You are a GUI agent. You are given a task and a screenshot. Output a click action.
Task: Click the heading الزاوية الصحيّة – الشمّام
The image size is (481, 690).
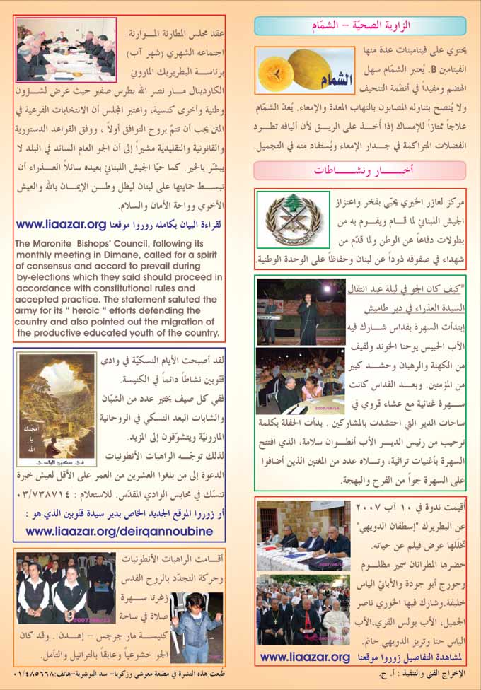coord(360,27)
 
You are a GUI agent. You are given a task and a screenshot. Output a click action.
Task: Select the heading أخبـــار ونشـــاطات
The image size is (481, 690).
coord(360,170)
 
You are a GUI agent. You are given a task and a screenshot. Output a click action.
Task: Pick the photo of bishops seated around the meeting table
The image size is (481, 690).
coord(64,51)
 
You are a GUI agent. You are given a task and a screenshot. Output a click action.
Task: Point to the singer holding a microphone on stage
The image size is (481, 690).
coord(303,312)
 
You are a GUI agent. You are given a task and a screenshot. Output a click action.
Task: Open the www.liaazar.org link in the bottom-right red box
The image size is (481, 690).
coord(305,656)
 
